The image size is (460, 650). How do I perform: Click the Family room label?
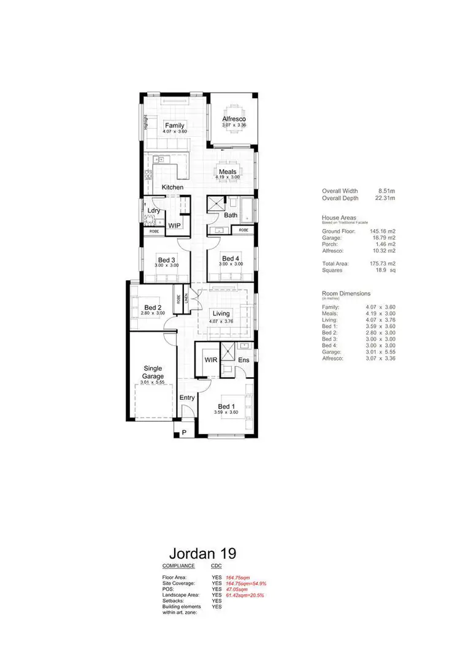pos(174,126)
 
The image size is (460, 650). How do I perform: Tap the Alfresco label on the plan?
pos(234,118)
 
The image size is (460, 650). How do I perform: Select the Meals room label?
pos(228,172)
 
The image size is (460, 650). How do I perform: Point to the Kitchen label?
pos(172,186)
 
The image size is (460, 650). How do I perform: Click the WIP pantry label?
pos(175,226)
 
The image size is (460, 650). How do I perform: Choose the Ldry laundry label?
pos(153,210)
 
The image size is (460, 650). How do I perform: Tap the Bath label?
pos(231,215)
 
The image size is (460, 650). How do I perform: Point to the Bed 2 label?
pos(153,307)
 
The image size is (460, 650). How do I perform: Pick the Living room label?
pos(221,313)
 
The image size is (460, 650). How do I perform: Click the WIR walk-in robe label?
pos(212,359)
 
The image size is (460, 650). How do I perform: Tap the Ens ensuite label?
pos(243,359)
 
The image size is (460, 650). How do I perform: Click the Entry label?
pos(187,397)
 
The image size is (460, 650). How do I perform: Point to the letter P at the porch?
pos(183,433)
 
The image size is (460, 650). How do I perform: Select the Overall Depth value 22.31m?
pos(385,198)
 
